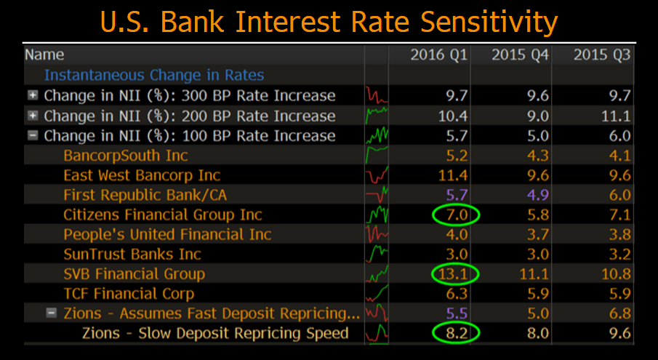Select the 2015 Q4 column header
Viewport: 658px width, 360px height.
click(521, 55)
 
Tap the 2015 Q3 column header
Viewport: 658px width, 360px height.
click(601, 55)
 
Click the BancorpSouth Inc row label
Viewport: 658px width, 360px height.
click(126, 156)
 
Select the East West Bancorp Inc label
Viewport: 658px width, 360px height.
click(142, 175)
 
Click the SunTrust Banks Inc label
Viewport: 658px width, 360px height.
click(132, 255)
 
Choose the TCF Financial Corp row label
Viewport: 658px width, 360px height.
click(129, 294)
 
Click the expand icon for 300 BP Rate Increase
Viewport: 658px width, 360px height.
click(33, 96)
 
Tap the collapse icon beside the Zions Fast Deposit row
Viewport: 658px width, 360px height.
click(52, 313)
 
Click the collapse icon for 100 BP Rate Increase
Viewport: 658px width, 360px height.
click(33, 136)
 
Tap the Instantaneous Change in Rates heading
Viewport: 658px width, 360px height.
click(154, 76)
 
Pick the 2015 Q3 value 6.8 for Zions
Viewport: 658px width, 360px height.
click(614, 313)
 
